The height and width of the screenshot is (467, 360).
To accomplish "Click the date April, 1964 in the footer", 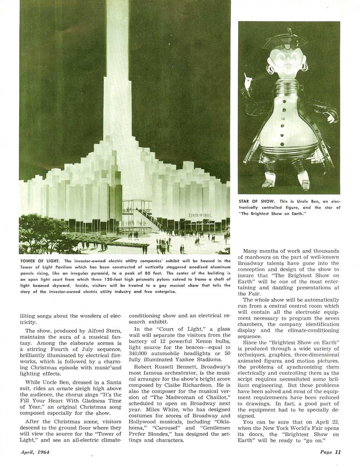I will (x=35, y=452).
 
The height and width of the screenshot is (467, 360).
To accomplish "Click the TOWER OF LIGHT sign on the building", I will (x=200, y=215).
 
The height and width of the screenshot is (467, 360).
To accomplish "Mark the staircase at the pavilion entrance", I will (x=150, y=219).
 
